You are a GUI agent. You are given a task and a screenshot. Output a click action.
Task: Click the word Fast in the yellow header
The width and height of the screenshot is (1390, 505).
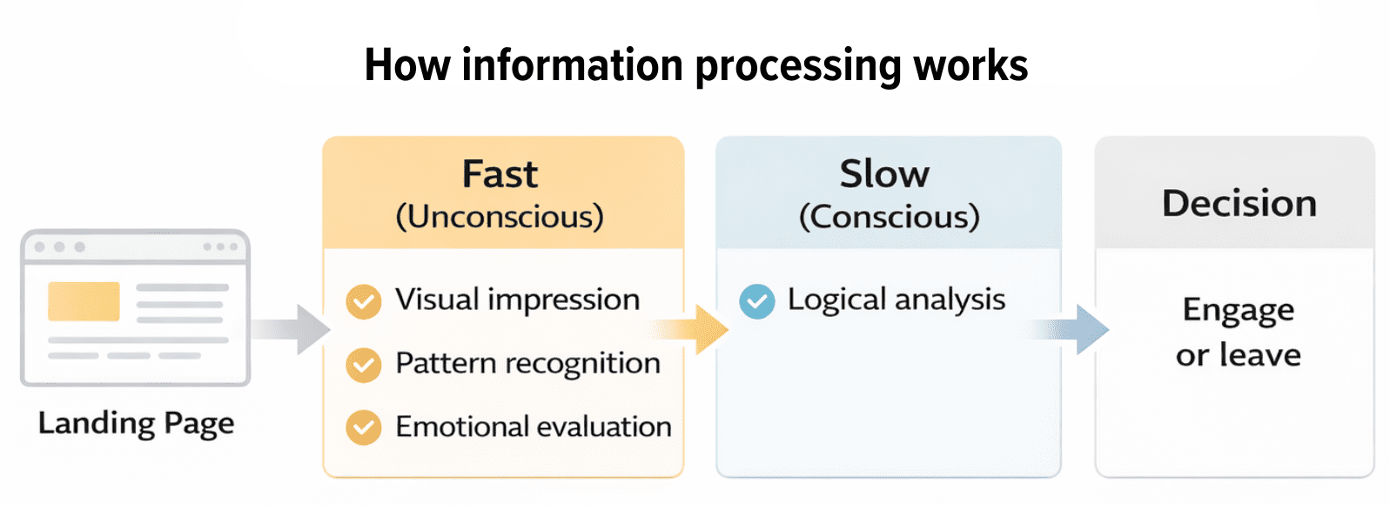point(500,174)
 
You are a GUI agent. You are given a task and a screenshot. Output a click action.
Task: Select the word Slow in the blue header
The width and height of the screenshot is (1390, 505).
point(884,174)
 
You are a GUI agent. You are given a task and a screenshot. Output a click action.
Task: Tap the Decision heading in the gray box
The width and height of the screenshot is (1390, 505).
point(1239,204)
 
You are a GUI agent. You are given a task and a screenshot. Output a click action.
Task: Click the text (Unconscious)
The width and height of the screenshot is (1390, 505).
point(500,217)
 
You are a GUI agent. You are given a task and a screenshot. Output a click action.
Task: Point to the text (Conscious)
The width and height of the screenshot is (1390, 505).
point(889,217)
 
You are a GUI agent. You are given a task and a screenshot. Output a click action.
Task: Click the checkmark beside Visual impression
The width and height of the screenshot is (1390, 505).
point(363,302)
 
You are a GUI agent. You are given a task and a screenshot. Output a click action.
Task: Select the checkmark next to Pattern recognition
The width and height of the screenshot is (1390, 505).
point(363,366)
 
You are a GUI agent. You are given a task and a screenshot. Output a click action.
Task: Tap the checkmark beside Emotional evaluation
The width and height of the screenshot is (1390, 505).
point(363,428)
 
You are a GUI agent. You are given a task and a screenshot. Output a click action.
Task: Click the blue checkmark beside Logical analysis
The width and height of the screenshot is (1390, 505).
point(756,302)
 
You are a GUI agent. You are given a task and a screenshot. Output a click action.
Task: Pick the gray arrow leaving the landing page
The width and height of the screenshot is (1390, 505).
point(296,329)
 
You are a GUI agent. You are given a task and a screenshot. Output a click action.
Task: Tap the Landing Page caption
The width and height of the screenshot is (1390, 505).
point(136,423)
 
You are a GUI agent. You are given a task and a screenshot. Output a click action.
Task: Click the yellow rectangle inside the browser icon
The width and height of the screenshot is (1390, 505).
point(84,301)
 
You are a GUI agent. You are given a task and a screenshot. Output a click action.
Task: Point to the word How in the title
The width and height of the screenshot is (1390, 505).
point(406,65)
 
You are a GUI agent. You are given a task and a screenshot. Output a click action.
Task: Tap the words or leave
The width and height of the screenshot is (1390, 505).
point(1238,355)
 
